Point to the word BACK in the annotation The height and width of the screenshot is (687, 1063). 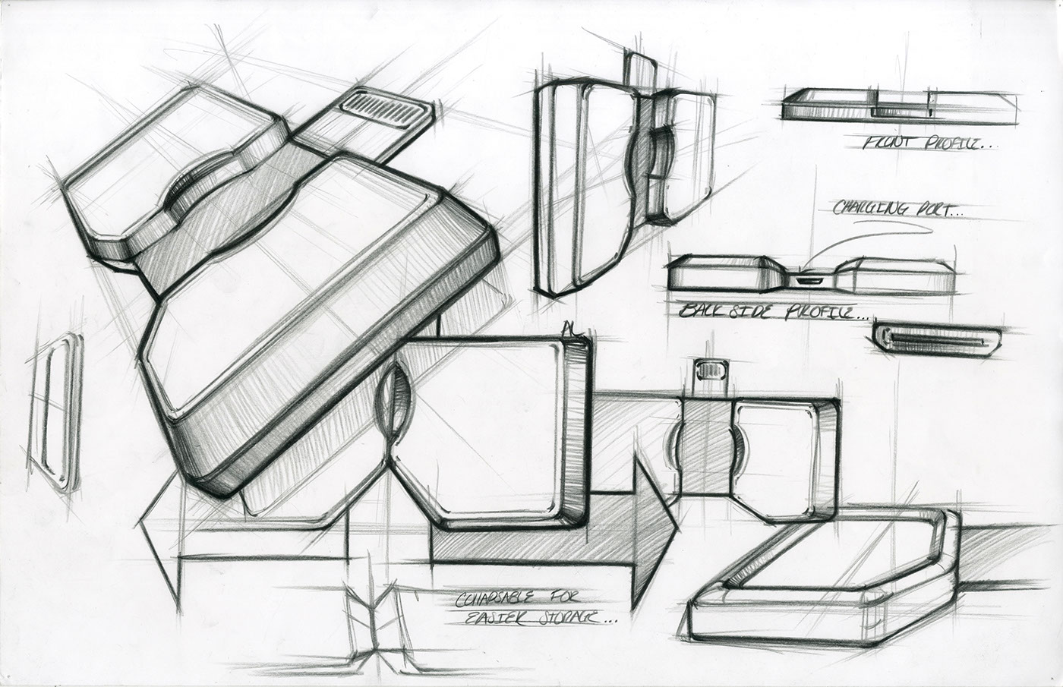point(699,310)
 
